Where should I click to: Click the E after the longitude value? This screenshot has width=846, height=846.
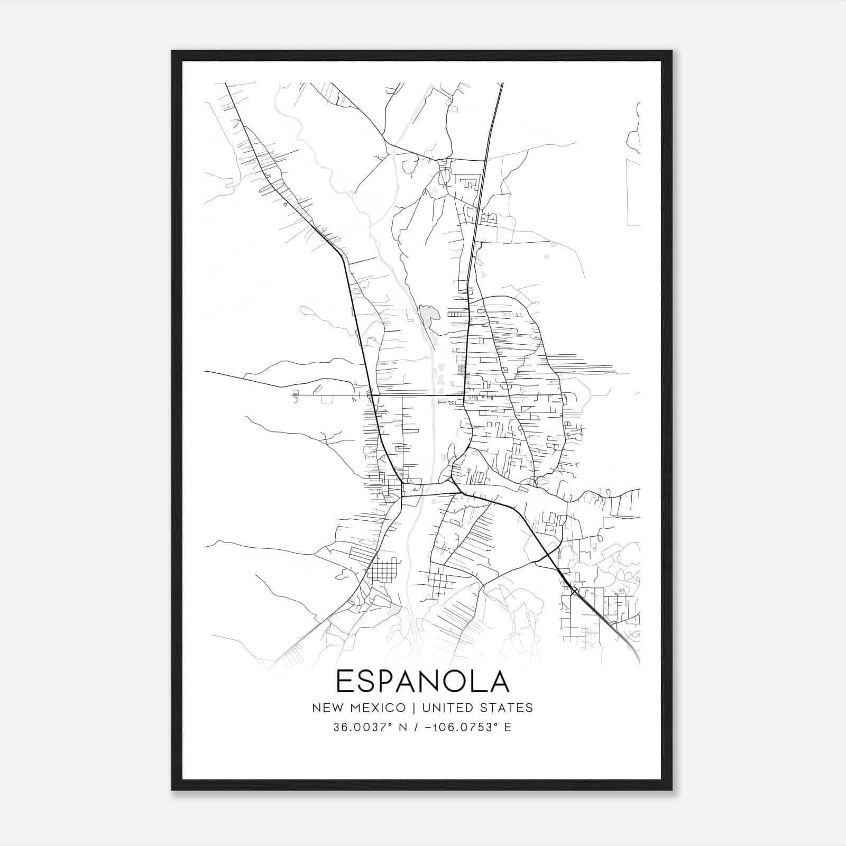click(x=508, y=727)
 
